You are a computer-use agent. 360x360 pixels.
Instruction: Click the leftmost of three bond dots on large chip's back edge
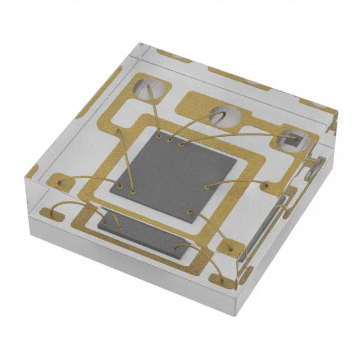point(161,136)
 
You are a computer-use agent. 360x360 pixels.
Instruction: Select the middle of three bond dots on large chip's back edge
point(170,139)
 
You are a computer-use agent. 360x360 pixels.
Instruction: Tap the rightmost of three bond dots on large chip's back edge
point(181,143)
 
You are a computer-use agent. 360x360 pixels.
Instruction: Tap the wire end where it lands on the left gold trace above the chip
point(119,132)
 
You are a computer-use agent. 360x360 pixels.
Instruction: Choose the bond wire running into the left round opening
point(156,110)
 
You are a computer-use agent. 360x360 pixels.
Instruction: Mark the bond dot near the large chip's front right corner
point(190,212)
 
